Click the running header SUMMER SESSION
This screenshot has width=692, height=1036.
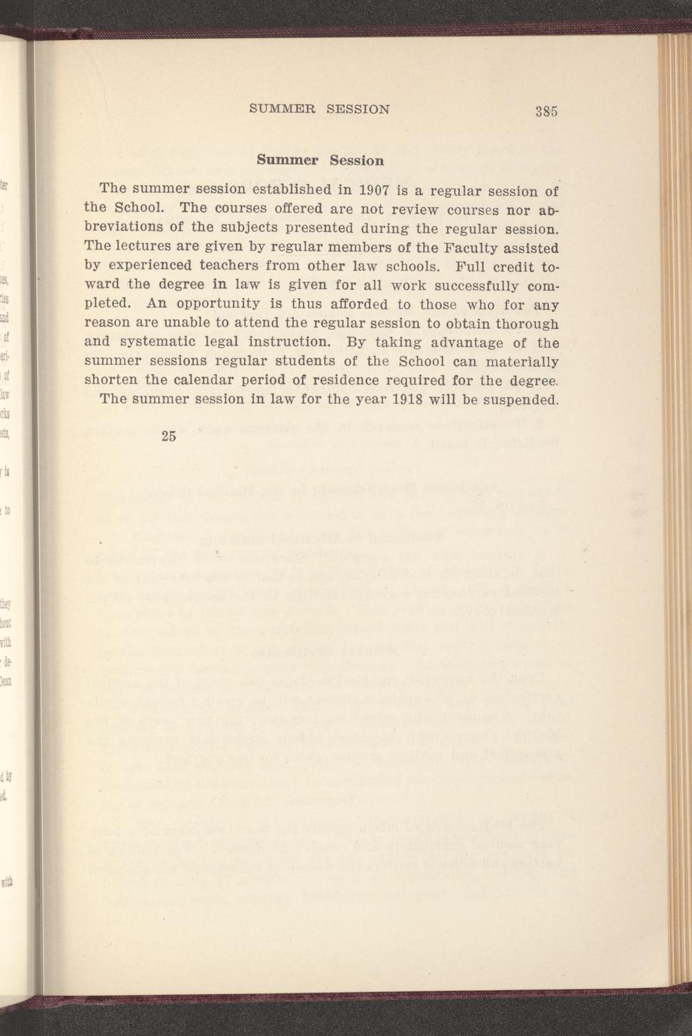[319, 108]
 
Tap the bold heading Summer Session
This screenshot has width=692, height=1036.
[320, 160]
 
